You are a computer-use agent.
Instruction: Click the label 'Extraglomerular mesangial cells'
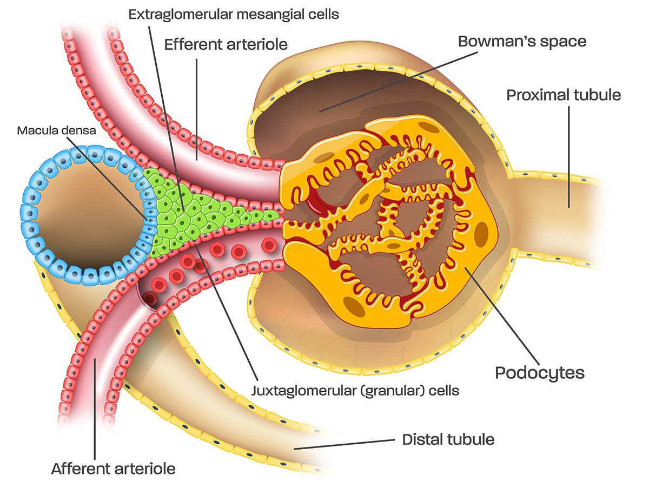coord(233,14)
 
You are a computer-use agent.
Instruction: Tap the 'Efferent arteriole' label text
coord(226,43)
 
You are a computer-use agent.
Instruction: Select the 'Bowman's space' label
coord(522,41)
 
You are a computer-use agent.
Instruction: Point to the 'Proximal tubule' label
coord(564,95)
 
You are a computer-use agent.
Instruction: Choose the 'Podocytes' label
coord(540,372)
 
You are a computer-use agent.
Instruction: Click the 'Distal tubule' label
coord(448,439)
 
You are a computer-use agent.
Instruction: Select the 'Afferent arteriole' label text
coord(113,468)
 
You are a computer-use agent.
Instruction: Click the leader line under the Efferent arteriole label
coord(197,108)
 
